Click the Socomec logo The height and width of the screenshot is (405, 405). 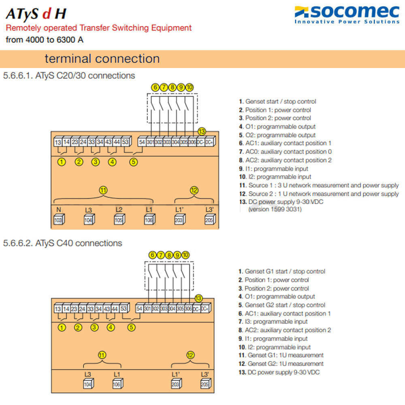[347, 15]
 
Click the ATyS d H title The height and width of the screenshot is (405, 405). [36, 14]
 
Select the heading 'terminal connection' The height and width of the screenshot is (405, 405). [102, 59]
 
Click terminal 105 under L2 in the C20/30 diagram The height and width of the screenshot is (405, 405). [119, 220]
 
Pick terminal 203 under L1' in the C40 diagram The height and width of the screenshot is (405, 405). [175, 384]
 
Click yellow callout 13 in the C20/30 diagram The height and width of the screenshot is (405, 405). [202, 131]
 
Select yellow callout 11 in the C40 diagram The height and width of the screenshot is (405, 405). [102, 355]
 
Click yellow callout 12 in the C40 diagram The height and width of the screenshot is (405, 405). [190, 355]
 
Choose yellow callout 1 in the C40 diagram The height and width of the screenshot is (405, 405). [62, 328]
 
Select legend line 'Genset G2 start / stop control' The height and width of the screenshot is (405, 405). [282, 305]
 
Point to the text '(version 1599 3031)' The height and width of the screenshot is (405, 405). [275, 209]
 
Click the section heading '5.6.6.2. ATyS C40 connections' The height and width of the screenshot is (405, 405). [62, 243]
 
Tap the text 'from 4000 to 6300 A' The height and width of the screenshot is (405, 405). [45, 40]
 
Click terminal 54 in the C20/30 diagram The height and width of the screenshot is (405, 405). [142, 142]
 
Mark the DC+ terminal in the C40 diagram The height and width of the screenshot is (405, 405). [205, 309]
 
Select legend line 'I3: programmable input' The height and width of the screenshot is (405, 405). [273, 322]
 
